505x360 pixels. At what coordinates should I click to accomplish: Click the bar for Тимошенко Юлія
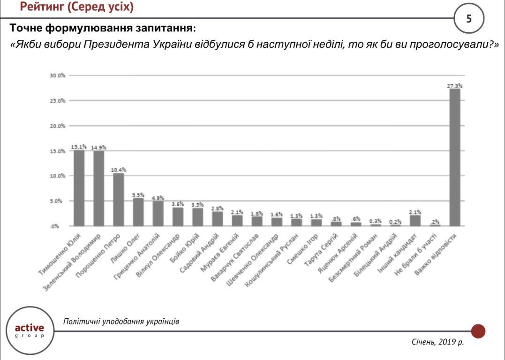(79, 188)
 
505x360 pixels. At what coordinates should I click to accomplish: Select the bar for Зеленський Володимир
(98, 188)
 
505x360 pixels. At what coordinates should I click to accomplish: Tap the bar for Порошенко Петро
(119, 200)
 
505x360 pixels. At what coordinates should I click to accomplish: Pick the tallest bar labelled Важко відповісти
(454, 157)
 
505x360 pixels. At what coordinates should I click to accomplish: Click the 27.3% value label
(454, 86)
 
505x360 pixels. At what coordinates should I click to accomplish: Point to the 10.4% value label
(119, 170)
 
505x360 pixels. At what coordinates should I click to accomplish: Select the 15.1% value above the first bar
(79, 147)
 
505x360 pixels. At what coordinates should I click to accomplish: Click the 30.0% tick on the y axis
(57, 75)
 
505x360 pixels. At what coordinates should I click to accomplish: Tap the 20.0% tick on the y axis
(57, 126)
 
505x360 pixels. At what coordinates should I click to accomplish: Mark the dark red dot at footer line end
(478, 331)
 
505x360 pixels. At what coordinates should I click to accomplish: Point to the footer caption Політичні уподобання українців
(121, 322)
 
